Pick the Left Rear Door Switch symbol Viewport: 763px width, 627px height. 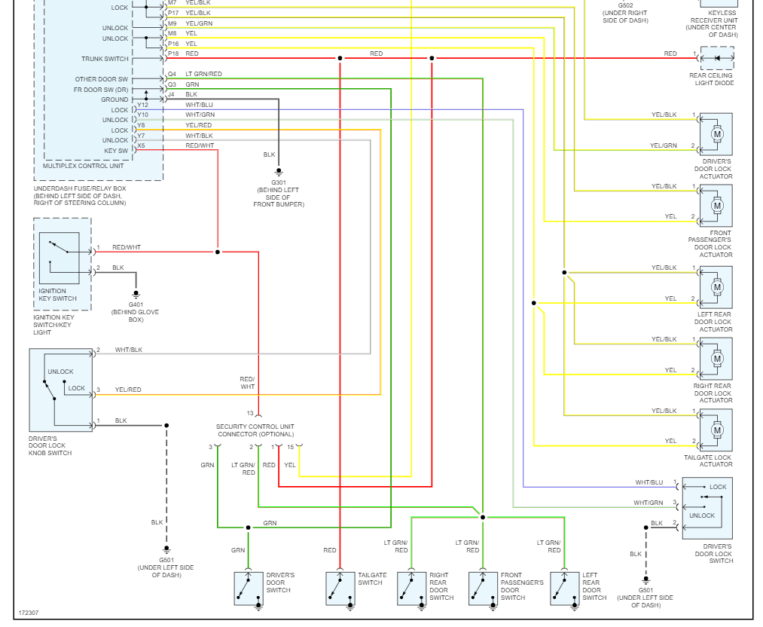pyautogui.click(x=564, y=588)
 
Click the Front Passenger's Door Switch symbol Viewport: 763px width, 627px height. pyautogui.click(x=483, y=588)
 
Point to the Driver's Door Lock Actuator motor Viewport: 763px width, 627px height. pyautogui.click(x=716, y=134)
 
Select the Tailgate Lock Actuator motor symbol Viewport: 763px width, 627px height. pyautogui.click(x=716, y=430)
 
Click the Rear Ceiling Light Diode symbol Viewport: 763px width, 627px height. pyautogui.click(x=717, y=58)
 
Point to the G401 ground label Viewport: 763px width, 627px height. pyautogui.click(x=136, y=304)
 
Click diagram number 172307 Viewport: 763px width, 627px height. pyautogui.click(x=29, y=613)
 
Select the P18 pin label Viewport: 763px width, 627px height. pyautogui.click(x=173, y=54)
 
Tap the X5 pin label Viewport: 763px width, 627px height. pyautogui.click(x=141, y=145)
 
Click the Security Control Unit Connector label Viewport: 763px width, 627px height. pyautogui.click(x=255, y=430)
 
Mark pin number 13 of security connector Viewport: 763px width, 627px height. pyautogui.click(x=250, y=413)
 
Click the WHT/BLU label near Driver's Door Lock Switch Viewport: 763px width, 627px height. pyautogui.click(x=649, y=482)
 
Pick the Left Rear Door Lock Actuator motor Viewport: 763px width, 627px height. pyautogui.click(x=716, y=287)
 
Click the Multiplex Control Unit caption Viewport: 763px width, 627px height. pyautogui.click(x=83, y=166)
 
